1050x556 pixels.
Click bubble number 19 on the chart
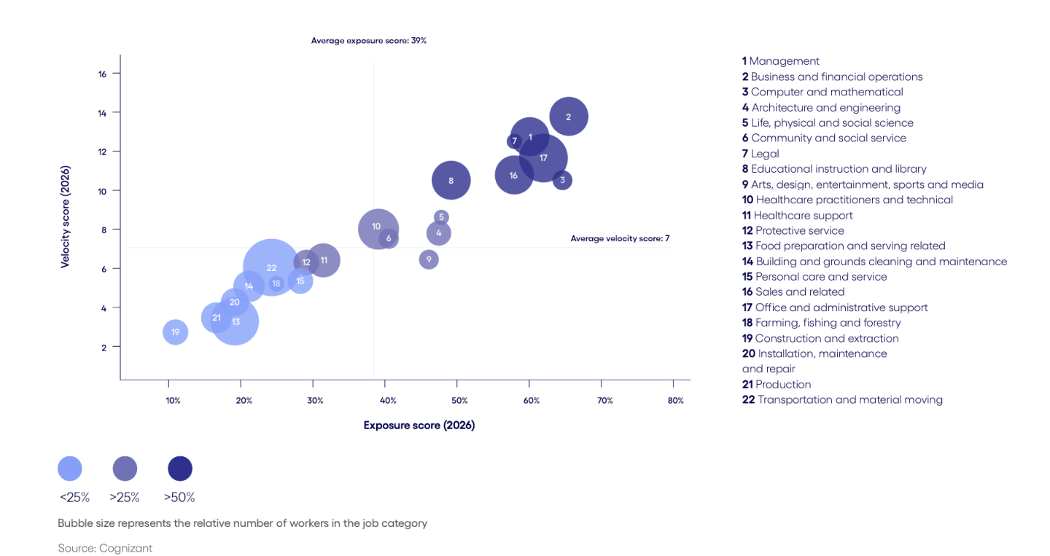click(175, 332)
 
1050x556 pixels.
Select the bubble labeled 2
click(569, 117)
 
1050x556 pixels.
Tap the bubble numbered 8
click(451, 181)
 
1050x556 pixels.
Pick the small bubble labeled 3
click(562, 180)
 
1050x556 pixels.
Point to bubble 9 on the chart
click(429, 259)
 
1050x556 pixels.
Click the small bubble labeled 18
click(276, 283)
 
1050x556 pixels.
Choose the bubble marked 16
click(514, 176)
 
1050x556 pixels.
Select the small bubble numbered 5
click(441, 217)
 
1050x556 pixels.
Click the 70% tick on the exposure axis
click(604, 401)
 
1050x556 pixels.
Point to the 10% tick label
click(173, 401)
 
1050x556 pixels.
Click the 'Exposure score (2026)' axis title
click(419, 426)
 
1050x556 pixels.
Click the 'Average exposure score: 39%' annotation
click(368, 41)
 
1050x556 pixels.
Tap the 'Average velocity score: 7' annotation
click(620, 238)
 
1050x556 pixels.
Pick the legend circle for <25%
click(70, 469)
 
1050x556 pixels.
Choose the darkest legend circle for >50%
click(180, 469)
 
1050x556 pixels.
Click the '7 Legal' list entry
click(761, 154)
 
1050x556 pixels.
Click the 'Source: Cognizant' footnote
click(105, 548)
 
